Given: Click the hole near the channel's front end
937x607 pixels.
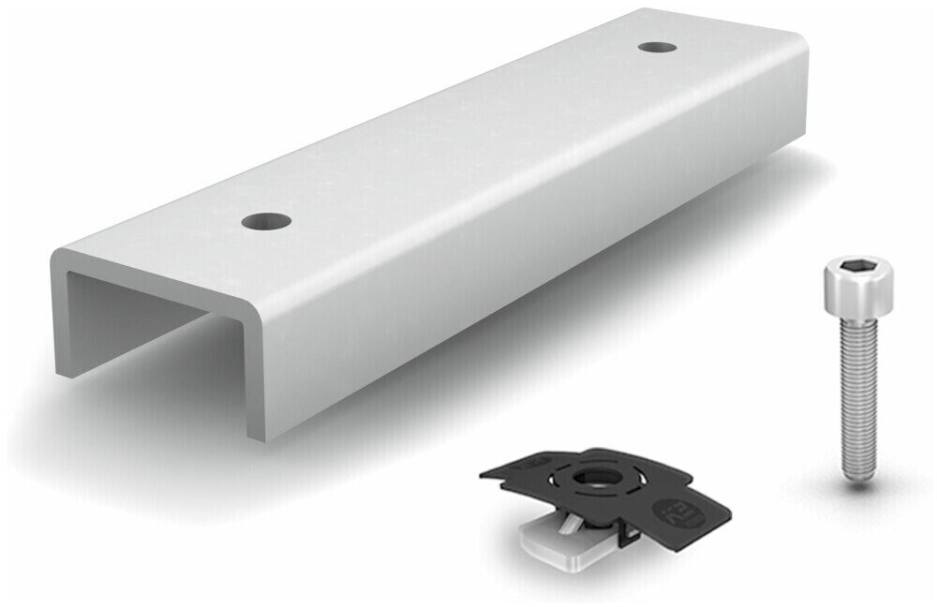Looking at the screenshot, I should (x=265, y=222).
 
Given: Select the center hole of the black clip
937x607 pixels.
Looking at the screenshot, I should (x=591, y=477).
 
